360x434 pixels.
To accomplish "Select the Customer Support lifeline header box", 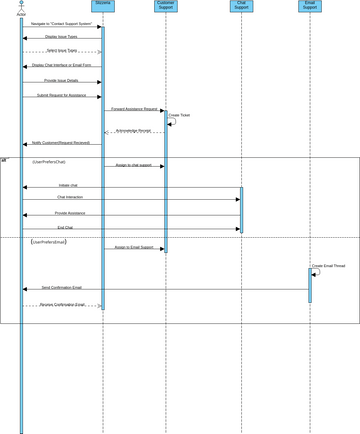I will click(x=166, y=6).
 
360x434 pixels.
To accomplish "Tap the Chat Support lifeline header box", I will click(x=241, y=6).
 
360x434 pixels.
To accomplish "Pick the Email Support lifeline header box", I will click(x=310, y=6).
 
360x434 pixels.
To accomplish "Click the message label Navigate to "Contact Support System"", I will click(x=61, y=23).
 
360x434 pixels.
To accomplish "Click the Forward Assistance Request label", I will click(x=134, y=108).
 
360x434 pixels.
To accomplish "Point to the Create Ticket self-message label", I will click(x=180, y=115).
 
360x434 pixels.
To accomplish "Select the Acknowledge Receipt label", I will click(x=134, y=130).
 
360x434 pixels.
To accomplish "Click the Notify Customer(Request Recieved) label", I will click(x=61, y=143).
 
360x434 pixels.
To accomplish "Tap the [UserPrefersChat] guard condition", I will click(x=49, y=161).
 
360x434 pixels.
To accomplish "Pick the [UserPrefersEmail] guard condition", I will click(x=49, y=242).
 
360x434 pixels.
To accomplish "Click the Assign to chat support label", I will click(x=133, y=164).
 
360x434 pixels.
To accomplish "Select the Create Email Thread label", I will click(x=328, y=265).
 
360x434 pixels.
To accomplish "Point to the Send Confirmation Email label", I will click(x=62, y=287).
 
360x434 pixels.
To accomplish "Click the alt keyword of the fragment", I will click(x=4, y=159).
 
